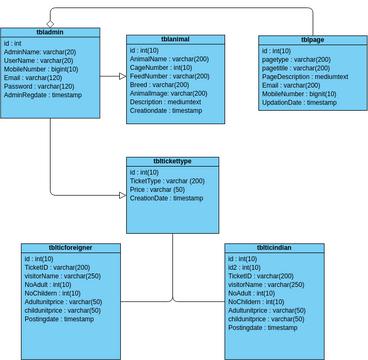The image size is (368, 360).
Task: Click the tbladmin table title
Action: (x=51, y=32)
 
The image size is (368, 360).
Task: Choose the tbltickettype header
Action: (x=172, y=162)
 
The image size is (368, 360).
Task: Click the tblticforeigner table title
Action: (x=71, y=247)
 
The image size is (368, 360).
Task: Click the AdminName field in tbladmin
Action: (x=40, y=52)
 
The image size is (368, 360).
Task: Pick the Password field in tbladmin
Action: (x=46, y=87)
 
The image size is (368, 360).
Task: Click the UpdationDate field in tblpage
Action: (x=300, y=103)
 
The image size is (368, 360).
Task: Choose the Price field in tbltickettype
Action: (x=160, y=189)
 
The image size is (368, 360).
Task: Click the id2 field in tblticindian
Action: (x=246, y=266)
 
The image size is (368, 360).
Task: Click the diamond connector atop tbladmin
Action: (x=50, y=22)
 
